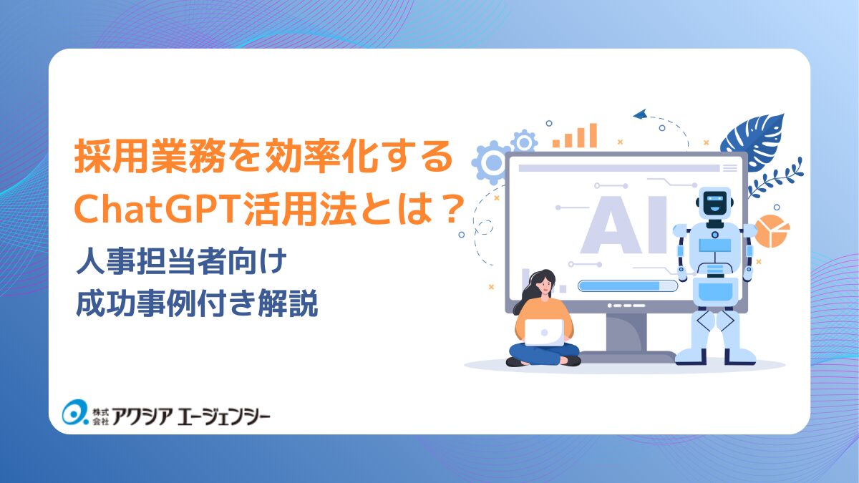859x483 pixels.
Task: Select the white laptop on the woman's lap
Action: click(x=543, y=331)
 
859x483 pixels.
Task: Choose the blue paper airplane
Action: click(x=639, y=114)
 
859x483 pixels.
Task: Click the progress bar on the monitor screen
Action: click(x=626, y=286)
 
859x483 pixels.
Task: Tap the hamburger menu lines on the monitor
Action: click(x=729, y=168)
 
